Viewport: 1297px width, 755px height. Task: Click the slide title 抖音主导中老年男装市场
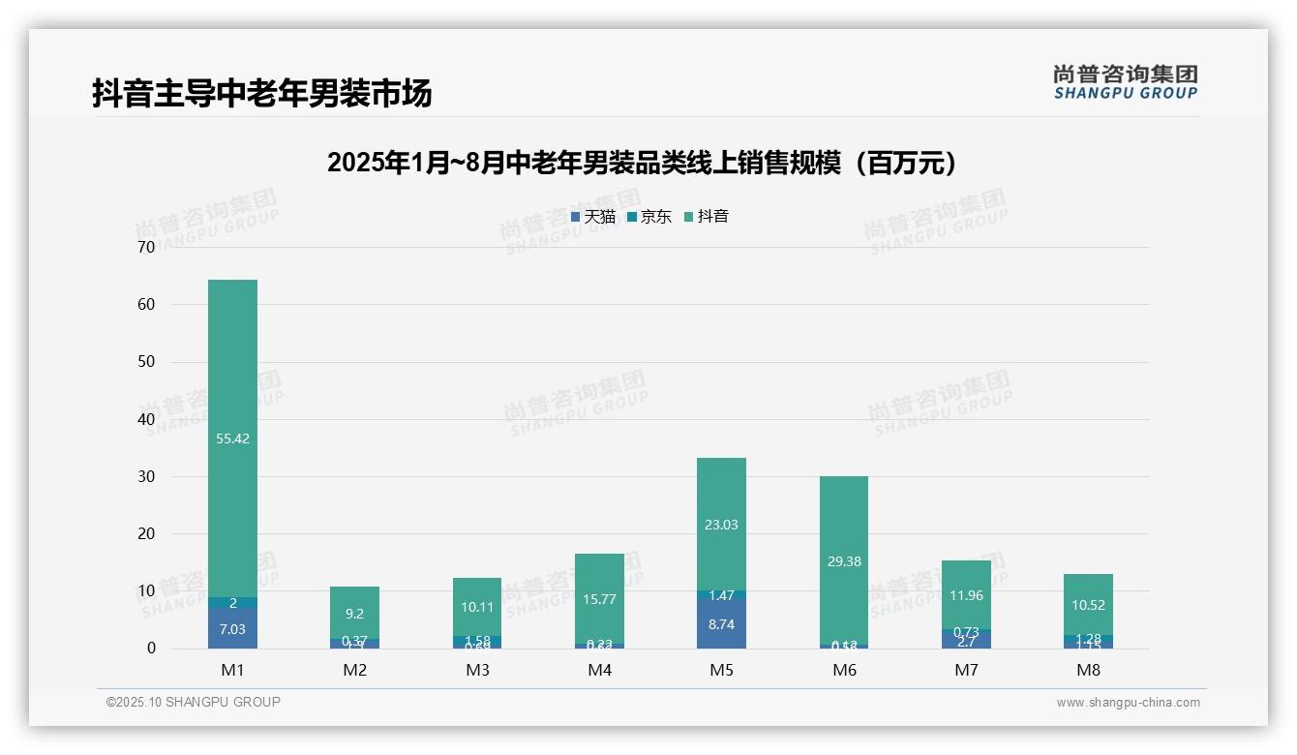pos(261,93)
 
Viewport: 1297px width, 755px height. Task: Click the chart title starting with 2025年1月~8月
pos(643,163)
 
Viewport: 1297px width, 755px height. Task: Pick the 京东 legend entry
pos(649,217)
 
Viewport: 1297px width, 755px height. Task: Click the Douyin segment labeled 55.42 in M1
pos(233,438)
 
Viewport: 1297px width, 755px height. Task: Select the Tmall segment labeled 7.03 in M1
pos(233,628)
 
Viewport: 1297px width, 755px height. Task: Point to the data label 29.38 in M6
pos(844,561)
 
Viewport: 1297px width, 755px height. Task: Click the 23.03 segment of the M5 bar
pos(721,525)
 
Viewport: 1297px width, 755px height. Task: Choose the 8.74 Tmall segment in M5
pos(721,624)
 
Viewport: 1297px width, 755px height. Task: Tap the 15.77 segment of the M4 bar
pos(599,599)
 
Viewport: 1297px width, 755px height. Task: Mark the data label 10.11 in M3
pos(477,607)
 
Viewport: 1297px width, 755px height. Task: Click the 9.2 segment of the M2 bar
pos(355,613)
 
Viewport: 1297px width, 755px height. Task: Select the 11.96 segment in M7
pos(966,595)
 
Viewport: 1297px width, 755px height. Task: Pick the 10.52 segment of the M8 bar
pos(1088,605)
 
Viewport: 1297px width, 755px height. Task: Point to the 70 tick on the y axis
pos(146,247)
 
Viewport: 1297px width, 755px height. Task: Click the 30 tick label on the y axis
pos(146,476)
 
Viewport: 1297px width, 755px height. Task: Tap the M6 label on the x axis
pos(844,670)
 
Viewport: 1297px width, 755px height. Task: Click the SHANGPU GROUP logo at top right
pos(1125,82)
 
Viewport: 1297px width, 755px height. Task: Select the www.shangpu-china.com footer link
pos(1128,703)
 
